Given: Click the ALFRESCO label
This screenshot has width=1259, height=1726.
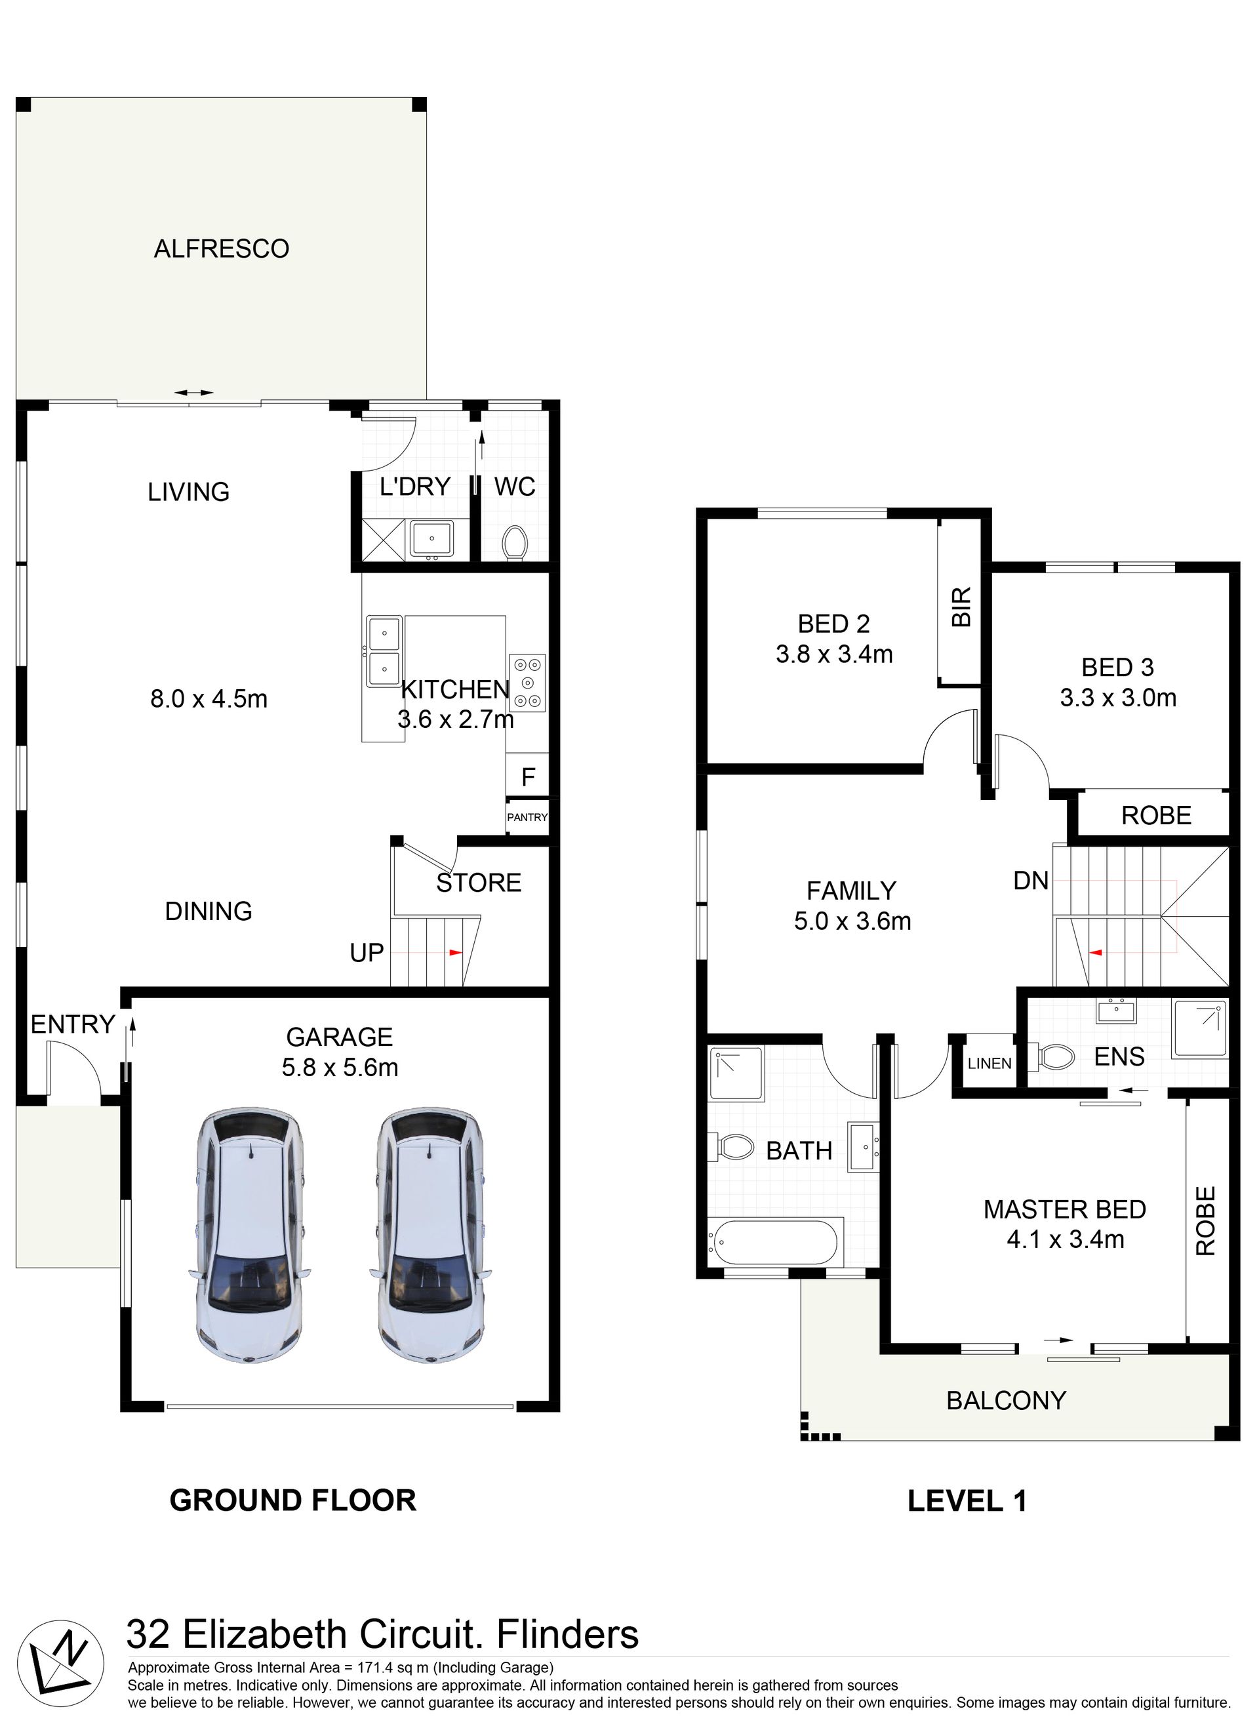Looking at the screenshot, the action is (x=222, y=249).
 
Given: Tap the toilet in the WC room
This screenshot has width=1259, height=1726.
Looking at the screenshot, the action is (x=515, y=544).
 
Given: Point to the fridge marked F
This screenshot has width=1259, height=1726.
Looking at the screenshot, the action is (x=527, y=776).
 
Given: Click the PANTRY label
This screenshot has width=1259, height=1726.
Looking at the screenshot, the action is (x=527, y=817).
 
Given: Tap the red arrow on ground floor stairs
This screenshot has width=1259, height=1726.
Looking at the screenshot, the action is (x=456, y=953).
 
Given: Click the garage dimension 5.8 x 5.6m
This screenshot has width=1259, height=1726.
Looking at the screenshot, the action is (x=340, y=1068).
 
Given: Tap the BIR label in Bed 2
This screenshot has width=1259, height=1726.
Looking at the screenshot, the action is (x=962, y=607).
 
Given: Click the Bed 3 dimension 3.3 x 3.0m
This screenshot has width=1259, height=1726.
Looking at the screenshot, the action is (x=1118, y=697).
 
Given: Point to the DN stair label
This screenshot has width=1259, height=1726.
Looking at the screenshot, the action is (x=1031, y=881).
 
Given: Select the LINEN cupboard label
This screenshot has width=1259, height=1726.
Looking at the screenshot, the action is (x=989, y=1064).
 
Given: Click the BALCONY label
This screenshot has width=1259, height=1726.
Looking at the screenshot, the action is (x=1006, y=1401).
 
